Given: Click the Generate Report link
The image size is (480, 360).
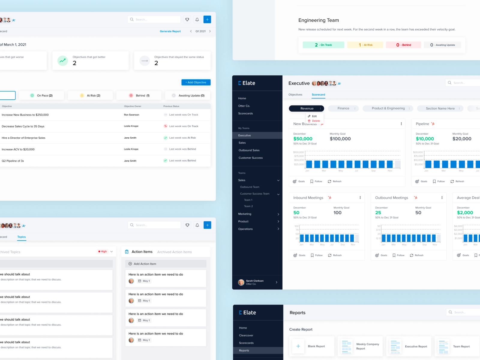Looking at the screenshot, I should tap(170, 31).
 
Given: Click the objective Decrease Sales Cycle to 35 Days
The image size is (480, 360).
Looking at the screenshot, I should tap(23, 126).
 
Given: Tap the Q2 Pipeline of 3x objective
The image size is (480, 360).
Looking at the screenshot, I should tap(13, 161).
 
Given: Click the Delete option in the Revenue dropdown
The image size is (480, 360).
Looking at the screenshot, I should tap(316, 121).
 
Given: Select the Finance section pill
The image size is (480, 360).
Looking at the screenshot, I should tap(343, 108).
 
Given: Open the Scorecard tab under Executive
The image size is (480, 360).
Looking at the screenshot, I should tap(318, 94).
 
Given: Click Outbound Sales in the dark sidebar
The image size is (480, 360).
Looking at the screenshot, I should tap(249, 150).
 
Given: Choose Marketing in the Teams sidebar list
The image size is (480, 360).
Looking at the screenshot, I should tap(245, 214).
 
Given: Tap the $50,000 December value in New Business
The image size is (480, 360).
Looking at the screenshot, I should tap(303, 139).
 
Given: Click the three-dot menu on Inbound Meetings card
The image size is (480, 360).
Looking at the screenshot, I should tap(360, 198).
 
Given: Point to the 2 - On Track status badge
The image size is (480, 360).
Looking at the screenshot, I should tap(323, 45).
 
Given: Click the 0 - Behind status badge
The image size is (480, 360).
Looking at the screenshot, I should tap(403, 45).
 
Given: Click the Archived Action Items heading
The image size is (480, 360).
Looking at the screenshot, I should tap(174, 252).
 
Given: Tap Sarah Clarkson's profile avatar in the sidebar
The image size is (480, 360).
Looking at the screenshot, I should tap(241, 282).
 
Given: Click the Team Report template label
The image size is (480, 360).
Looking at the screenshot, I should tap(461, 346).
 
